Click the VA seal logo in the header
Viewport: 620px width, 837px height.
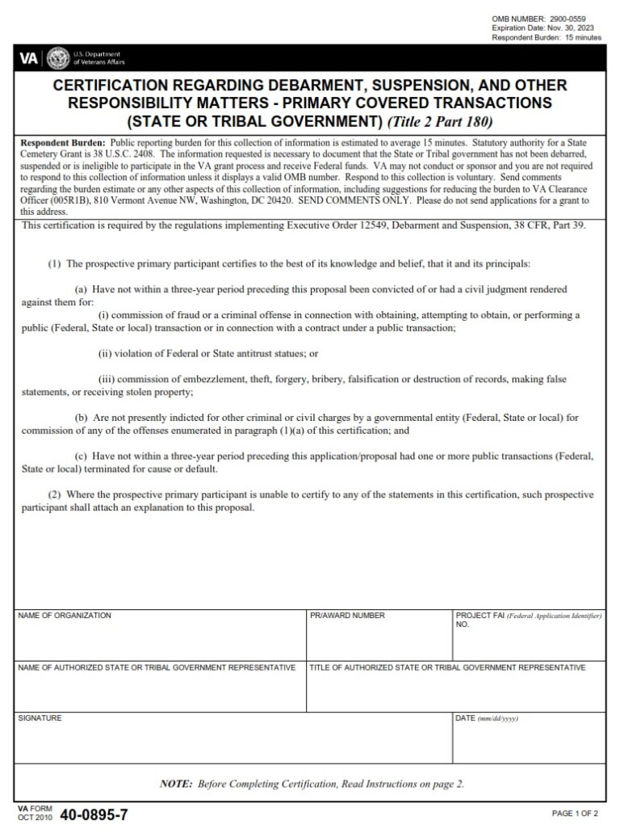point(58,57)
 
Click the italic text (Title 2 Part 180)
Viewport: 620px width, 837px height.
point(442,122)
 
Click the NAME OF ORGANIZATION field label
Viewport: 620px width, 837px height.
point(65,616)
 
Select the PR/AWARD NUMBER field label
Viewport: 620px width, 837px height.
point(347,616)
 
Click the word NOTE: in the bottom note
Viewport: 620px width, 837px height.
point(176,784)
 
